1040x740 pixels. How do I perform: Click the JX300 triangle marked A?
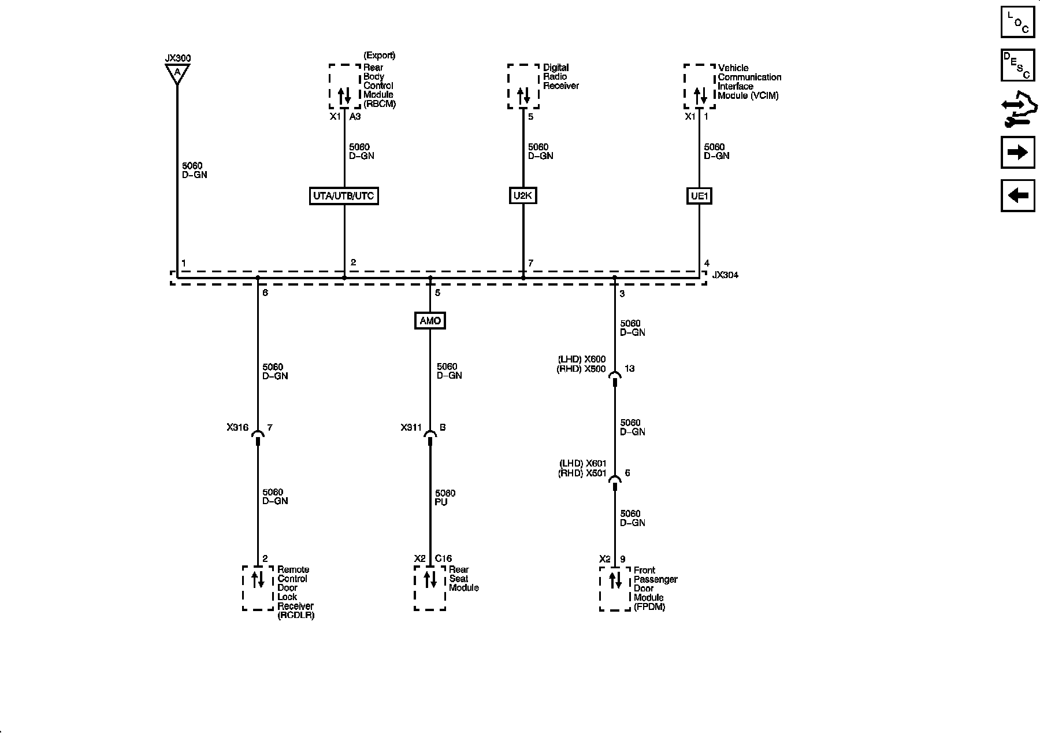177,73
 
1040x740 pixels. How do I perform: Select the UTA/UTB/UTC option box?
344,196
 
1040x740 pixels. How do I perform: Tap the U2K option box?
523,196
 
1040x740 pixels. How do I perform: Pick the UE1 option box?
699,196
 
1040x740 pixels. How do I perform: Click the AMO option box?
430,321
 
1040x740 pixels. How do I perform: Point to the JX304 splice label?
725,275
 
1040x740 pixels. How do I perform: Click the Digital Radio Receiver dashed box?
523,86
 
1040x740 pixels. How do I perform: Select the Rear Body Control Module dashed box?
345,86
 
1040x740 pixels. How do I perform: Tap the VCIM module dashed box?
700,86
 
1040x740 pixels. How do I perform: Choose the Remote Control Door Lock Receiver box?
258,588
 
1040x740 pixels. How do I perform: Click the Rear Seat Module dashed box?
430,588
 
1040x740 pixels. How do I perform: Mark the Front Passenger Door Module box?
615,589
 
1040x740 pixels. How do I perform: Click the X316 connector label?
237,428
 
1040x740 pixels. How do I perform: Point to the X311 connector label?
411,428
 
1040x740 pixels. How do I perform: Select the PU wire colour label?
441,502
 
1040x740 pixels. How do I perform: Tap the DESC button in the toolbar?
1017,65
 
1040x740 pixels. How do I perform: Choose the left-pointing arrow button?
1017,195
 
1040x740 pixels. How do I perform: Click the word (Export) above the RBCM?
379,55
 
